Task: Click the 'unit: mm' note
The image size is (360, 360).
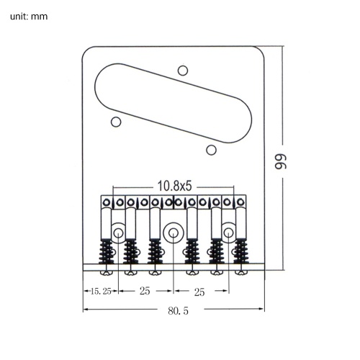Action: point(29,17)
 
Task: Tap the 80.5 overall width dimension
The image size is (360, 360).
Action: point(178,311)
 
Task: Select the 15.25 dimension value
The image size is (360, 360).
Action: point(101,292)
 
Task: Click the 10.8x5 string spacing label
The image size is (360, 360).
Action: point(174,186)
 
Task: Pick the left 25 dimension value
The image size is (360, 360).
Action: point(145,291)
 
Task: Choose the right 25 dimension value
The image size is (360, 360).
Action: point(199,292)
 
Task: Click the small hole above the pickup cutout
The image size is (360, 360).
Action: point(183,71)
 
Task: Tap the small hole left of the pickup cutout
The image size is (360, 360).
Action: point(116,122)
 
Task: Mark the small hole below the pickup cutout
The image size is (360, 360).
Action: point(211,150)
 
